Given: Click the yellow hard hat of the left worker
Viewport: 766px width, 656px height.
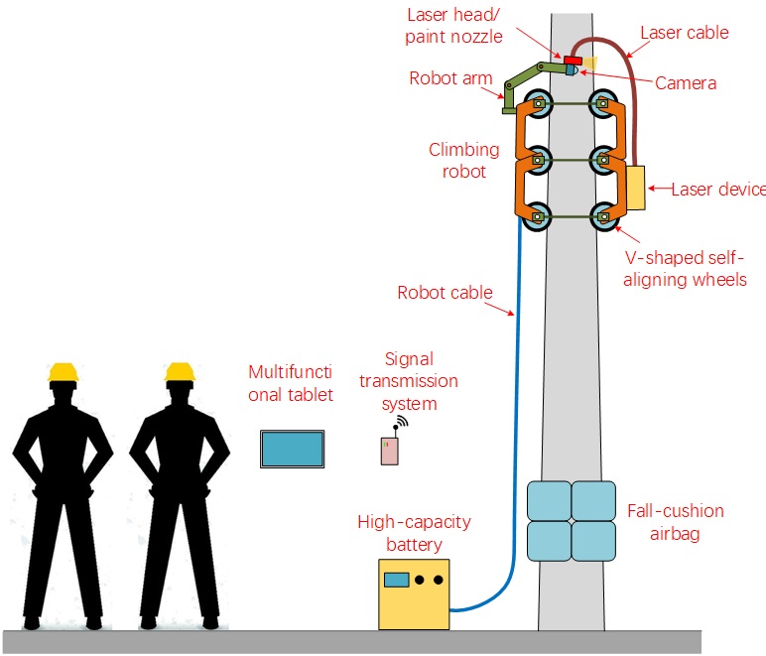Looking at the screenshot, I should pos(64,373).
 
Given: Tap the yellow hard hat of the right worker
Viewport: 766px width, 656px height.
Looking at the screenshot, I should pos(179,373).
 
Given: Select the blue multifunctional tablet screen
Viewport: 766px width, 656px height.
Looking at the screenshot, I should pos(292,449).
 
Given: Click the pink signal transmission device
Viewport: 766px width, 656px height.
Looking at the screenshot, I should pos(390,451).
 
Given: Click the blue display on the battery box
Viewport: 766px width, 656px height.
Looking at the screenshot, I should pos(398,580).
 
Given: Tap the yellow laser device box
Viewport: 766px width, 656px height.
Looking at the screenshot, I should pos(635,188).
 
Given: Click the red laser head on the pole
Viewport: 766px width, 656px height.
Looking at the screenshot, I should pos(573,62).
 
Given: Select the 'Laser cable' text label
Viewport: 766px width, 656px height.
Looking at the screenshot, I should pos(684,33).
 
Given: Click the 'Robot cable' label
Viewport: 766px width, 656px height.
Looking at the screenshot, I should pos(445,293).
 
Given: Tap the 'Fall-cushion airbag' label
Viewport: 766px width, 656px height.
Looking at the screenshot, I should pos(675,522).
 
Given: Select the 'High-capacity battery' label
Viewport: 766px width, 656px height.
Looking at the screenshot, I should pos(414,533).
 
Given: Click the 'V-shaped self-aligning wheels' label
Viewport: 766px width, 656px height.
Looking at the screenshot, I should pos(686,269).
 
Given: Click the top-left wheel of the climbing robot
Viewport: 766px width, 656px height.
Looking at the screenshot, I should pos(537,103).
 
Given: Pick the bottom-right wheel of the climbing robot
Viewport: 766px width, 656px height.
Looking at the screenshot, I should pos(601,215).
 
